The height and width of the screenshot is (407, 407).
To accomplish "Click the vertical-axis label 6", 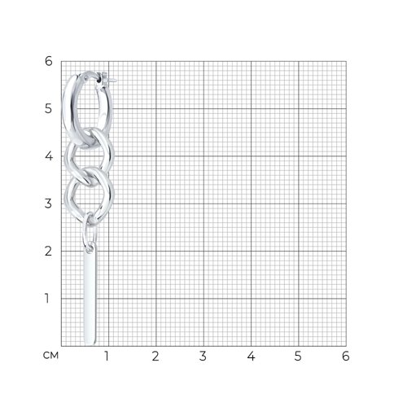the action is point(48,61).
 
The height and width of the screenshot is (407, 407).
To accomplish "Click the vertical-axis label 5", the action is point(48,108).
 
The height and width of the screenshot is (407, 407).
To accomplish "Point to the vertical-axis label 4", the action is point(49,156).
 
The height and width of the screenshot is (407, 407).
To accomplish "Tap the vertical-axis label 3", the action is point(48,203).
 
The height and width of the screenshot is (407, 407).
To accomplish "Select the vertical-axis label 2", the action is point(48,251).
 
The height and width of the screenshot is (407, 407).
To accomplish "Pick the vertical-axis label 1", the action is point(47,298).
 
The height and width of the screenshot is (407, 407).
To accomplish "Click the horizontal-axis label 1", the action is point(107,356).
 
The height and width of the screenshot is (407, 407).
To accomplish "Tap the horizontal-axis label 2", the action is point(155,356).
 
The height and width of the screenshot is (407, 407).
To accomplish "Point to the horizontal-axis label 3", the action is point(203,356).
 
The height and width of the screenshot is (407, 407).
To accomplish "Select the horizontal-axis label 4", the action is point(251,356).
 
